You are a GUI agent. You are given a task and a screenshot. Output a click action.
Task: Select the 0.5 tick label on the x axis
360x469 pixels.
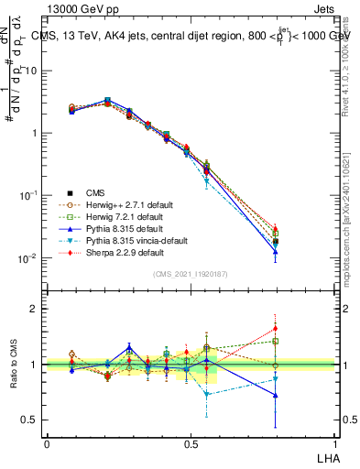[191, 442]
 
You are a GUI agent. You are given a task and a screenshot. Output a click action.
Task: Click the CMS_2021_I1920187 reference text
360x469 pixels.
[191, 275]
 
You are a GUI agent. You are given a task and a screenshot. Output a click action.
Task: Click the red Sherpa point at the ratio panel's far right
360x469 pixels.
[300, 328]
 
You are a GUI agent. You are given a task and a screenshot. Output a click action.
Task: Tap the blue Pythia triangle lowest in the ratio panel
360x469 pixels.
[300, 396]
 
